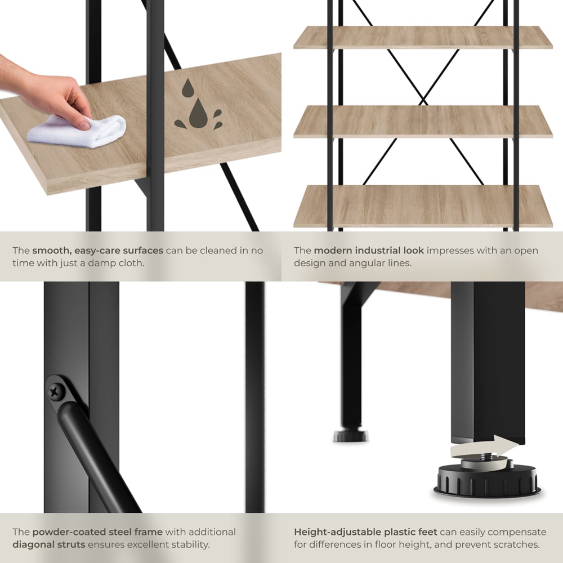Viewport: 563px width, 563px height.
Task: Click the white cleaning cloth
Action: click(x=77, y=131)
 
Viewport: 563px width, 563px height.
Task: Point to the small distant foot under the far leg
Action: click(x=351, y=436)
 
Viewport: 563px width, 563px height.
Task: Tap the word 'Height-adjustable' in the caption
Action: click(x=337, y=532)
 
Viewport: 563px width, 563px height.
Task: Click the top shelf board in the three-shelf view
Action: click(x=423, y=37)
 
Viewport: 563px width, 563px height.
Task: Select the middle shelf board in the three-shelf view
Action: click(x=423, y=122)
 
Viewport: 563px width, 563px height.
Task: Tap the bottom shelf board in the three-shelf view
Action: click(x=423, y=206)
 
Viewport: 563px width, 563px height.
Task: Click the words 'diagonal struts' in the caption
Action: click(x=49, y=544)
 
